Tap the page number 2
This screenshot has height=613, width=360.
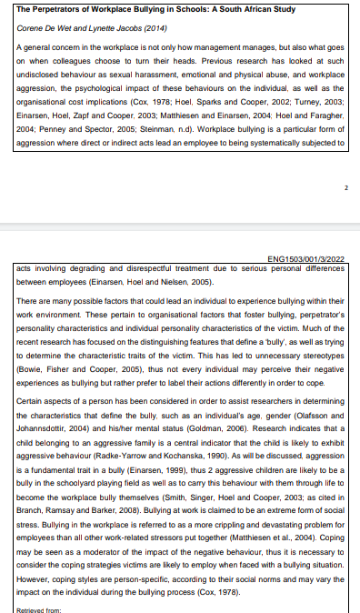click(x=346, y=187)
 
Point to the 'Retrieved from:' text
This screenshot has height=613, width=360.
click(x=38, y=609)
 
